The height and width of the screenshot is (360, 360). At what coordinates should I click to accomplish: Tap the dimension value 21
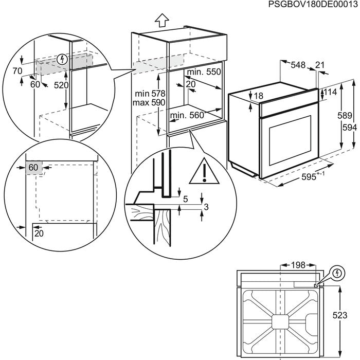coord(320,65)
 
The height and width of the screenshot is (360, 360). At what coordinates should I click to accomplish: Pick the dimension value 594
coord(349,128)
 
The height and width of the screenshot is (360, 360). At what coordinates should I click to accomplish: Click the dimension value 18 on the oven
coord(258,96)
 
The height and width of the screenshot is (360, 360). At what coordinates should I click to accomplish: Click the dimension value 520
coord(61,85)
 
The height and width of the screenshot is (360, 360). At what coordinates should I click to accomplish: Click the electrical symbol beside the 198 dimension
coord(337,273)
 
